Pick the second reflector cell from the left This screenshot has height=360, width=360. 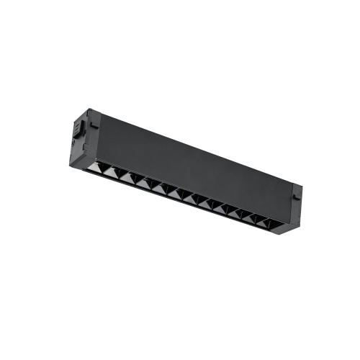click(x=128, y=179)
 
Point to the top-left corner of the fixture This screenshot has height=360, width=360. click(x=89, y=109)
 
